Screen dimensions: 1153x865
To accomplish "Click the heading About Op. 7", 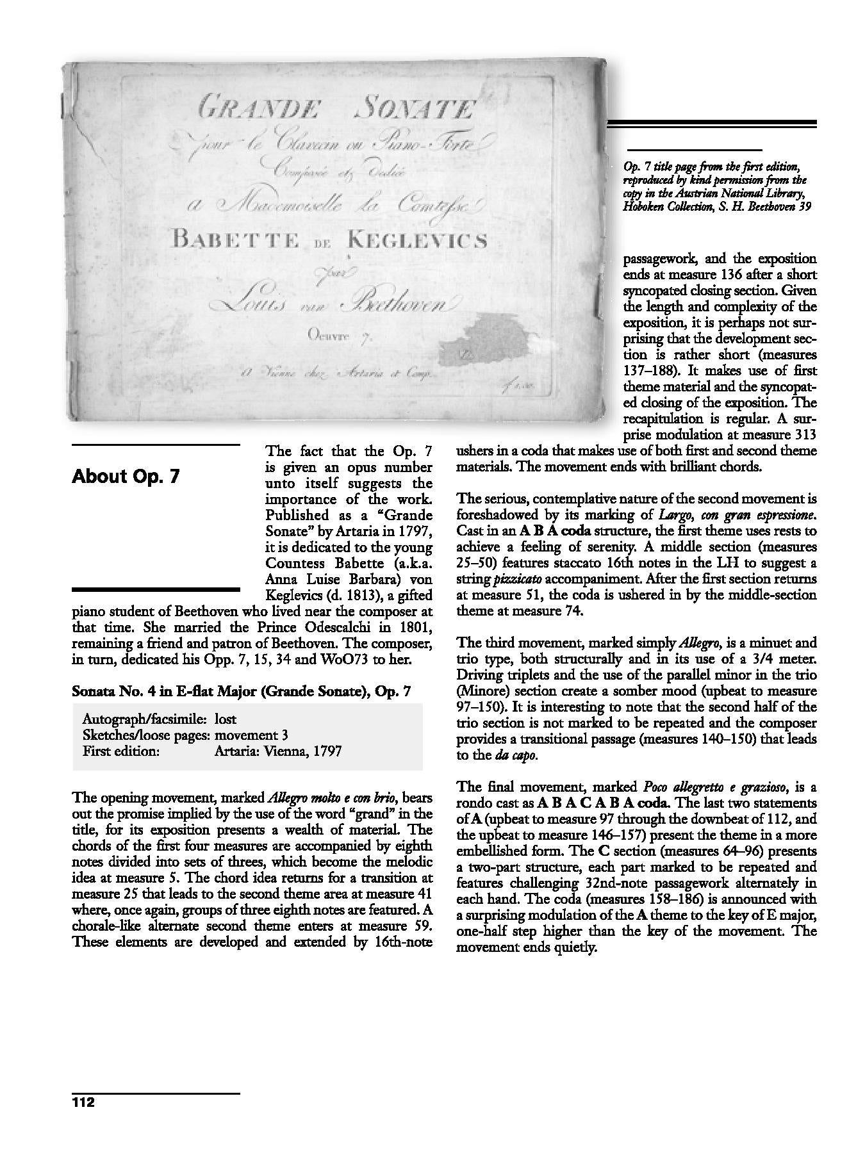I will point(126,477).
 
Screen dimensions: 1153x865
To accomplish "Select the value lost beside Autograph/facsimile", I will point(226,719).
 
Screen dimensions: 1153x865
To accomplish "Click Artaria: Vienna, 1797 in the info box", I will point(278,751).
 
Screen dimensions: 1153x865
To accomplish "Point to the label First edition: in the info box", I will point(121,751).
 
